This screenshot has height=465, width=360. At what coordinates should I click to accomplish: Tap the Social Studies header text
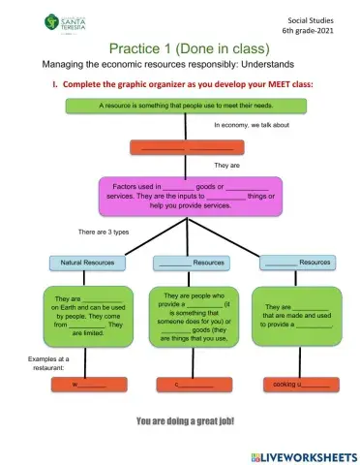[x=316, y=19]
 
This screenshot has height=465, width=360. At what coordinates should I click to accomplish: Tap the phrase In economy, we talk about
[x=252, y=125]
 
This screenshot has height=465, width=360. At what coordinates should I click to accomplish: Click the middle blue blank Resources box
[x=190, y=263]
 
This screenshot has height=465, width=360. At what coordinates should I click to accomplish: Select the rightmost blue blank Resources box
[x=297, y=263]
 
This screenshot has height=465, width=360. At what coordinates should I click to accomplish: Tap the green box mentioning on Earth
[x=88, y=313]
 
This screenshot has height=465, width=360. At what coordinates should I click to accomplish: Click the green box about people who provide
[x=194, y=317]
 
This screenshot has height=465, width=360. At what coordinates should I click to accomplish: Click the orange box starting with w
[x=88, y=385]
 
